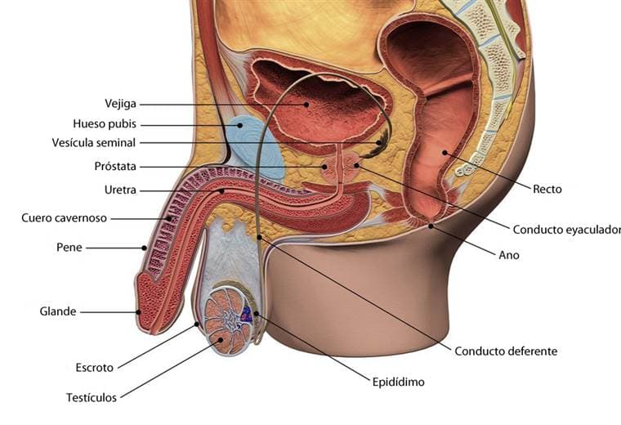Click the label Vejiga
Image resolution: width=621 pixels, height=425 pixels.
click(x=120, y=104)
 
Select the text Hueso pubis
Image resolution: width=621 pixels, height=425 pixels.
click(x=105, y=124)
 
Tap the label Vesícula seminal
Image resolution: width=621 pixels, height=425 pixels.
click(x=93, y=142)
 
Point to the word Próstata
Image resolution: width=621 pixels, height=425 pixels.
click(x=115, y=167)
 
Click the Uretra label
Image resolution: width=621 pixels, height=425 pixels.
click(x=120, y=190)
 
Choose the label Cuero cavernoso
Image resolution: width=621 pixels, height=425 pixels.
click(x=65, y=218)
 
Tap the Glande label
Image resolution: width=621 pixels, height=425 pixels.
click(x=58, y=311)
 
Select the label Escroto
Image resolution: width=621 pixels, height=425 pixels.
click(x=95, y=368)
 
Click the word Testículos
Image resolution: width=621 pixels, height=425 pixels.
click(x=92, y=397)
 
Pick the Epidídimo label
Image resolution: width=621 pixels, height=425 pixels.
click(x=399, y=382)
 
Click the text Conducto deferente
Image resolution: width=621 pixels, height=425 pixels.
click(x=506, y=351)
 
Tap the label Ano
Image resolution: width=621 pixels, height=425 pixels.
click(x=509, y=255)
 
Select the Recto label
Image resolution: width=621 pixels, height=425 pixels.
click(x=547, y=190)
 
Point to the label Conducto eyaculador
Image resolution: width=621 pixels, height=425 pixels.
click(x=567, y=230)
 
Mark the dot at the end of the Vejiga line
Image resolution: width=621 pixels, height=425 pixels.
click(x=306, y=105)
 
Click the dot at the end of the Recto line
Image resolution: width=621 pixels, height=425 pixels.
click(x=445, y=153)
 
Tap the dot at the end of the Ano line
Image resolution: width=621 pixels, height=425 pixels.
click(x=431, y=226)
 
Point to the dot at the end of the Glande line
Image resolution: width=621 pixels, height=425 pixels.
click(x=138, y=312)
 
